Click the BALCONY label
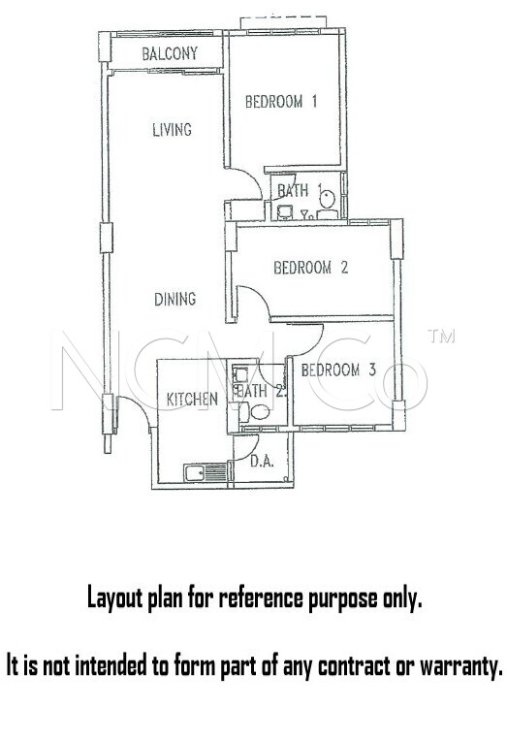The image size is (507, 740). coord(170,53)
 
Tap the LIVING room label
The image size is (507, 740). coord(173,129)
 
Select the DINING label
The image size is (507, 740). coord(174,299)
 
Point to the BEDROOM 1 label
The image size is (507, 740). coord(281,101)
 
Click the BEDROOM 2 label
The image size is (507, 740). coord(311,268)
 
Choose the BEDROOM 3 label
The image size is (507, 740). coord(338,370)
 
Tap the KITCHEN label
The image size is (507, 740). coord(192,400)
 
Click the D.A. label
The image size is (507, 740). coord(262,461)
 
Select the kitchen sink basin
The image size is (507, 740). coord(195,473)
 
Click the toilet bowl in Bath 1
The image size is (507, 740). coord(327,198)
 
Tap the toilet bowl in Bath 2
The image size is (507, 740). coord(260,412)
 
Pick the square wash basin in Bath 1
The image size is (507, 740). coord(285,212)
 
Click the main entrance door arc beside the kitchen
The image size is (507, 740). coord(139,409)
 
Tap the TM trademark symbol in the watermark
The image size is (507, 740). coord(441,336)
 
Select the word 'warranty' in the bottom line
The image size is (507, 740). coord(460,666)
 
